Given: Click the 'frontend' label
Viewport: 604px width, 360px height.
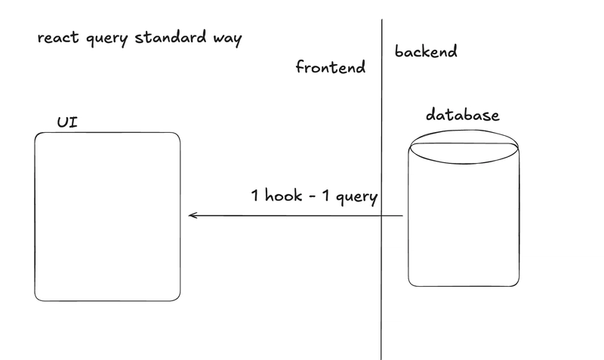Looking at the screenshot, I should coord(331,67).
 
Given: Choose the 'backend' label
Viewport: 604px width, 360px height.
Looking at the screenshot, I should coord(426,52).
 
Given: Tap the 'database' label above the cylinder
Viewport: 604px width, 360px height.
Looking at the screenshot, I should coord(463,115).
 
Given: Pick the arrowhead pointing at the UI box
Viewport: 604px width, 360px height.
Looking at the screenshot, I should coord(191,216).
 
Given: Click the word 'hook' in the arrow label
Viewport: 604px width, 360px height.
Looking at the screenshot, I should coord(286,196).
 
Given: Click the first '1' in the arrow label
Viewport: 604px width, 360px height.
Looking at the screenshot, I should coord(256,196).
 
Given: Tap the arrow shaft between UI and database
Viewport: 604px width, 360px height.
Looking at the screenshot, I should coord(294,217).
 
